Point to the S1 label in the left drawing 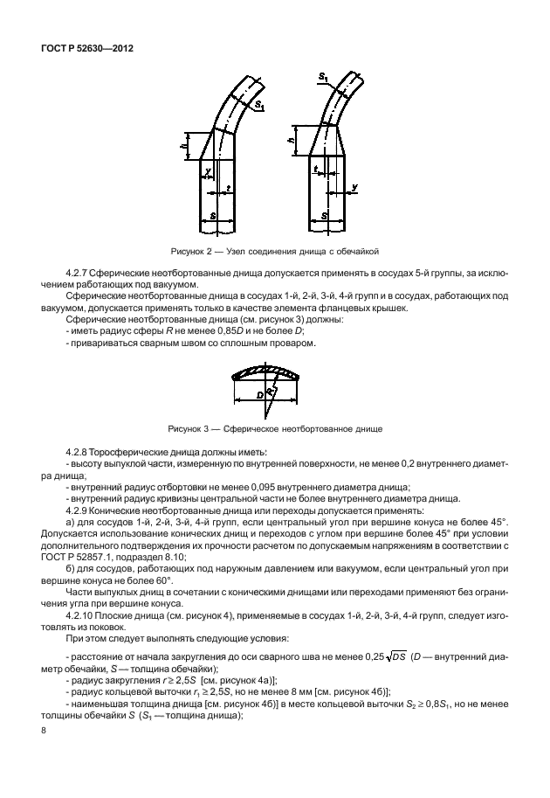coord(259,106)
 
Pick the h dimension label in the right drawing coord(292,139)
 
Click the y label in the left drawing coord(208,171)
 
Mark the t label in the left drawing coord(227,187)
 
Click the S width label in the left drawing coord(214,213)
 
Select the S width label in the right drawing coord(325,213)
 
